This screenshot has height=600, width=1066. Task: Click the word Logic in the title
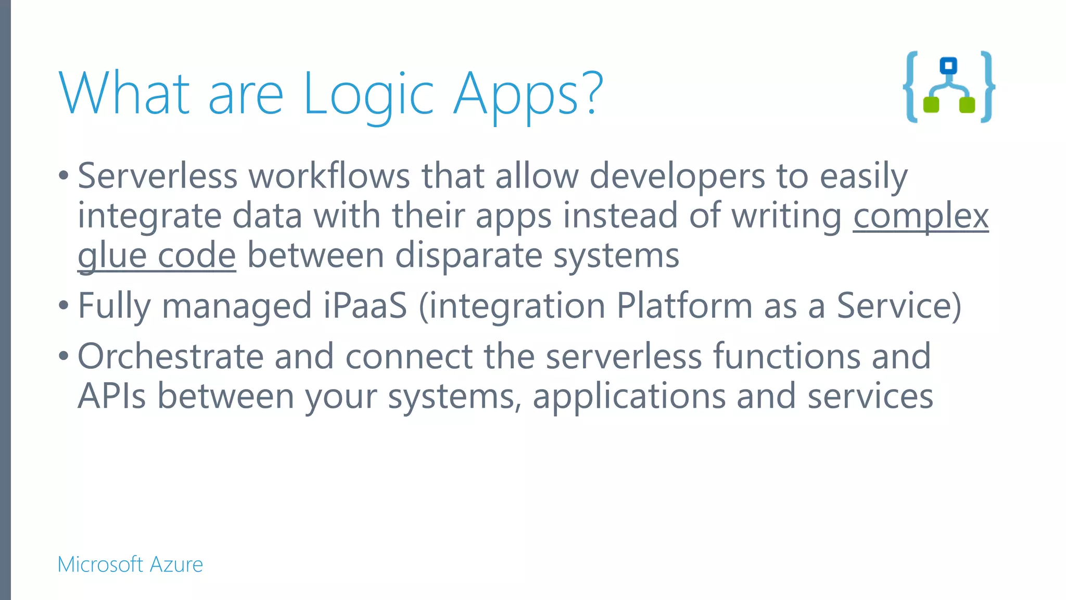(x=368, y=94)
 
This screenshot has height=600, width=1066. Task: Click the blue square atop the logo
(x=948, y=66)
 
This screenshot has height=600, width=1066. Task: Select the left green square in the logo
(x=931, y=105)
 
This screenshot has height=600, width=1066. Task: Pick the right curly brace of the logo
(x=987, y=87)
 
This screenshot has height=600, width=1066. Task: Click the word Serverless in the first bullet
(x=158, y=176)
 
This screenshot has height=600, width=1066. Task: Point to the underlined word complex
(x=920, y=216)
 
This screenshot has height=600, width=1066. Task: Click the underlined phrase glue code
(x=157, y=255)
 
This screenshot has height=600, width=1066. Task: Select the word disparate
(x=468, y=255)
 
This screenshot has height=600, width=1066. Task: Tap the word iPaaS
(x=365, y=306)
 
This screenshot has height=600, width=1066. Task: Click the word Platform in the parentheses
(x=684, y=306)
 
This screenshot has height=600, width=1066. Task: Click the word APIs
(x=111, y=396)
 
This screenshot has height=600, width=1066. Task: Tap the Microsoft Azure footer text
(x=130, y=565)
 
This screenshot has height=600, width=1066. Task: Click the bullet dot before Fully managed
(x=64, y=306)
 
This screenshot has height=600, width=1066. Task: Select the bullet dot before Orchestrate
(x=64, y=357)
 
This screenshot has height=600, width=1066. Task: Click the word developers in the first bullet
(x=677, y=176)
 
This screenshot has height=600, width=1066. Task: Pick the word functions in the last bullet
(x=786, y=356)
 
